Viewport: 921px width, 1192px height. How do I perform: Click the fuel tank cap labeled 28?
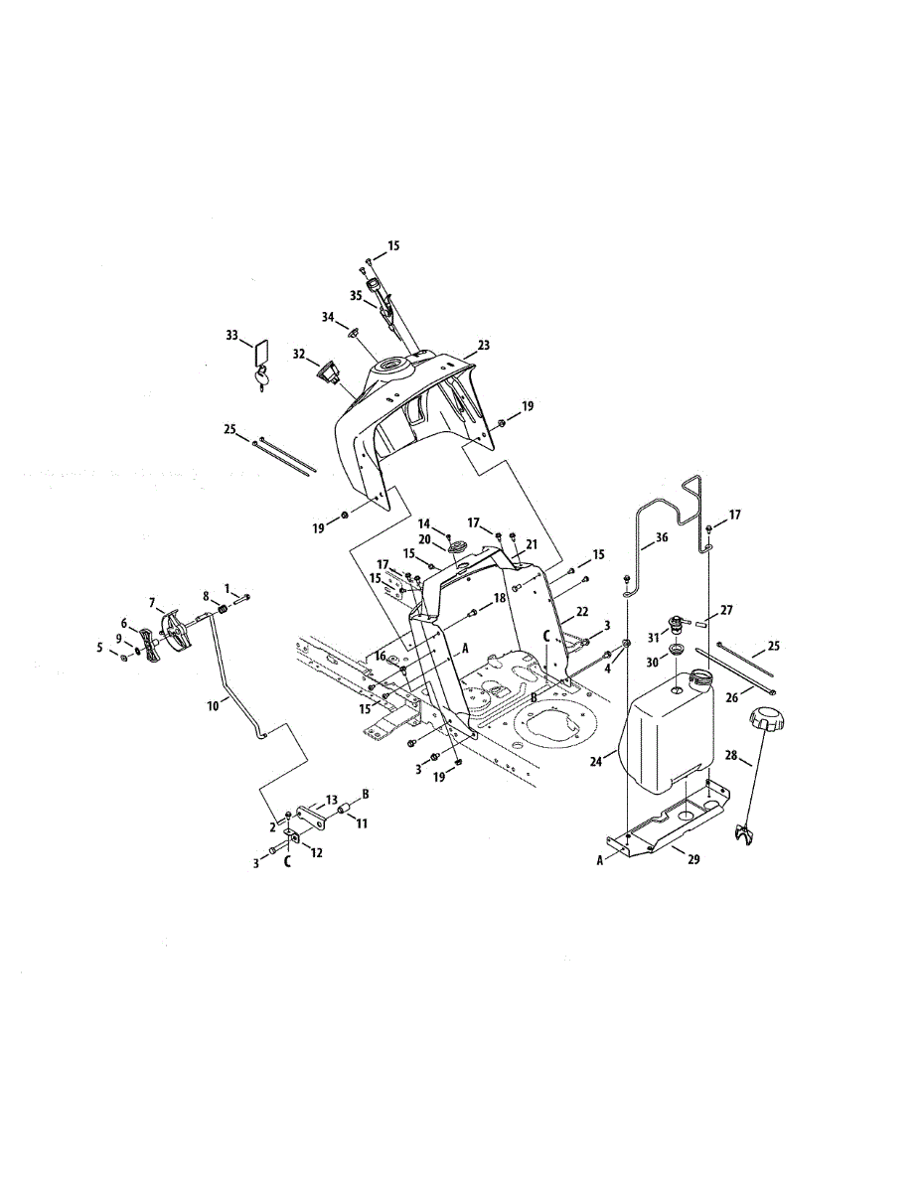(x=768, y=717)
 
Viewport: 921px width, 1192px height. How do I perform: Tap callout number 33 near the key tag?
(x=232, y=335)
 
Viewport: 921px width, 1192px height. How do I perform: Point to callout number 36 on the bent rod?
(x=662, y=537)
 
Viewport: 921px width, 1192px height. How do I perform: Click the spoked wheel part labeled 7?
(x=175, y=633)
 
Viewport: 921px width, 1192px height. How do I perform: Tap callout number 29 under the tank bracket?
(x=693, y=859)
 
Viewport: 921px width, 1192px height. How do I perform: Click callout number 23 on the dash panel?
(x=483, y=345)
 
